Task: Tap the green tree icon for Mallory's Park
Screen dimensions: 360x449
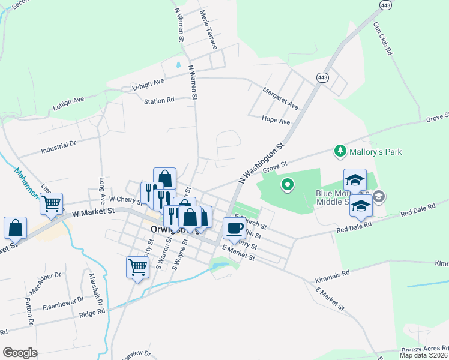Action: (x=340, y=151)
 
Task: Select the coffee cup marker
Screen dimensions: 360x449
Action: (x=234, y=228)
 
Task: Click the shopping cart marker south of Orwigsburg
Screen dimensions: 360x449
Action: (x=137, y=267)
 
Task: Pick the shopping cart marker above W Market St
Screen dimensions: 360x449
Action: (x=51, y=204)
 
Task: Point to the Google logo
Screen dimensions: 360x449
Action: (x=20, y=353)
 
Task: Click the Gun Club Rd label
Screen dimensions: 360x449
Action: (x=382, y=40)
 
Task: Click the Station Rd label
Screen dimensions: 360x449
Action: (x=158, y=101)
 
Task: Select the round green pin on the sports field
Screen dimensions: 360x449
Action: (x=287, y=185)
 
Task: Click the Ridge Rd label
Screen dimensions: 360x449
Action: (x=92, y=312)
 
